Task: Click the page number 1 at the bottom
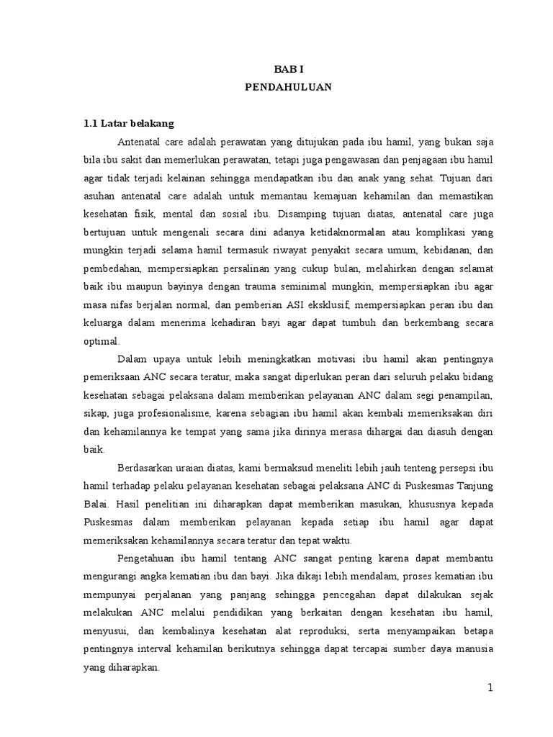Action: (x=490, y=687)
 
